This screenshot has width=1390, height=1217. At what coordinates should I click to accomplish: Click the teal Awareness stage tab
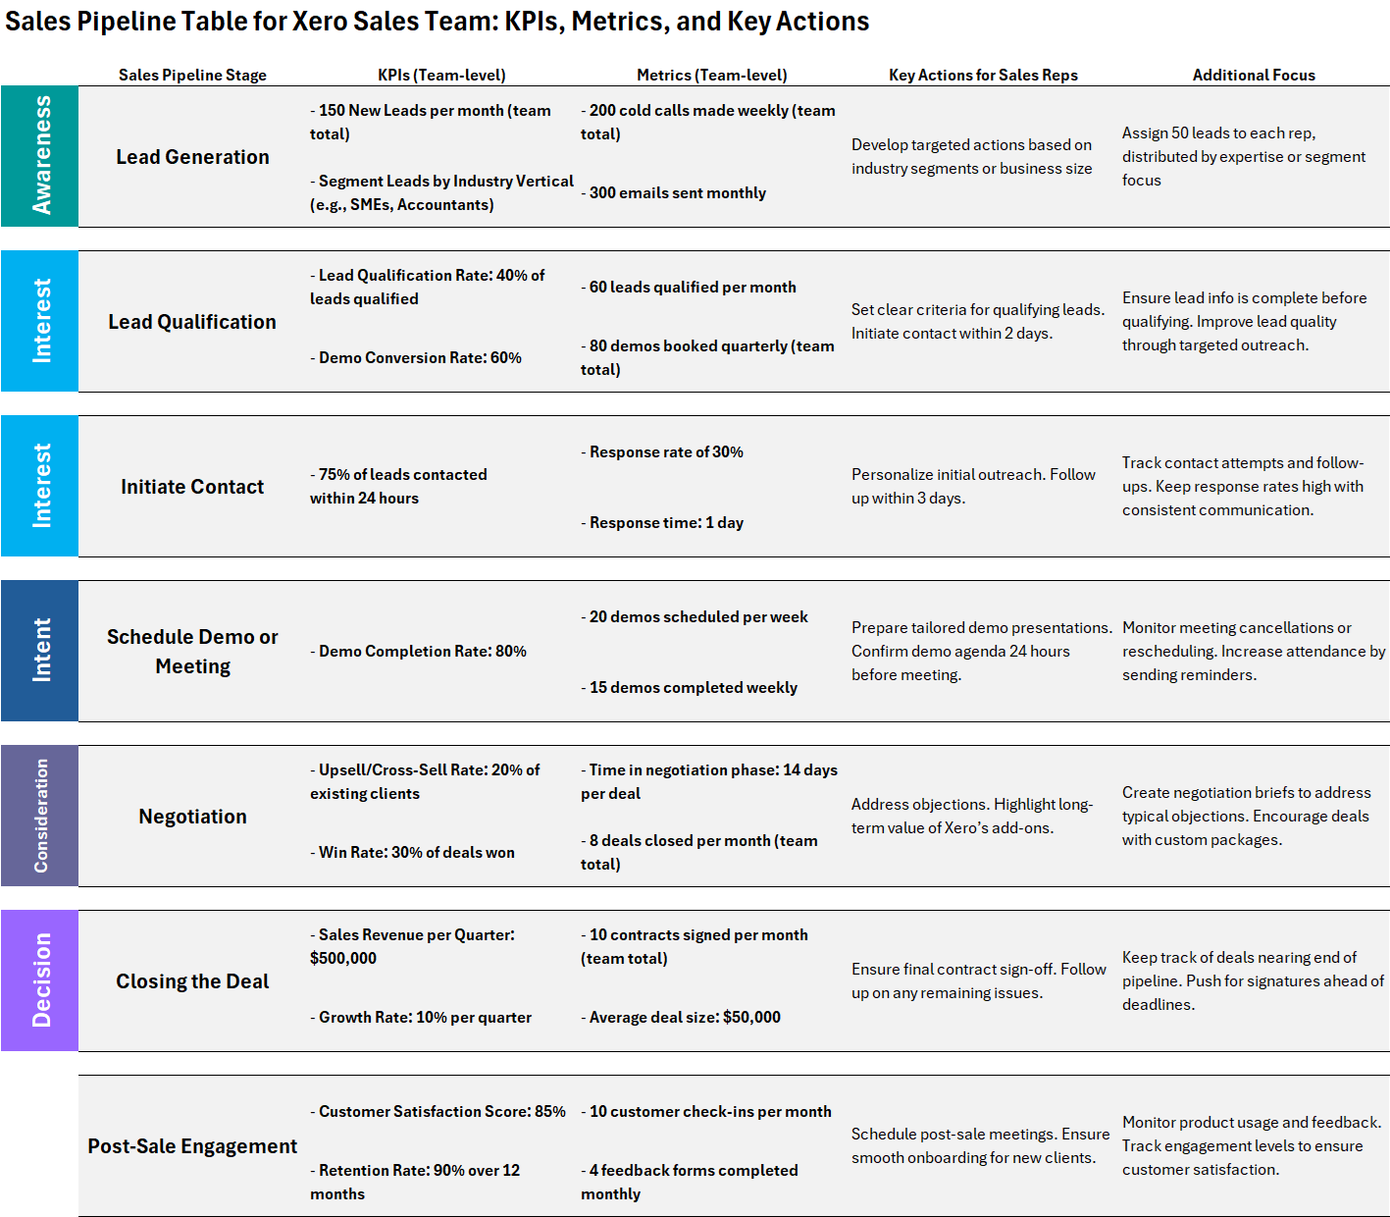(x=40, y=156)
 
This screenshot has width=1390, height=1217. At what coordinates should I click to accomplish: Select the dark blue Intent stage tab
(x=40, y=651)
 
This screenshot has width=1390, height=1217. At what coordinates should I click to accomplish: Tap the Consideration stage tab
(x=40, y=816)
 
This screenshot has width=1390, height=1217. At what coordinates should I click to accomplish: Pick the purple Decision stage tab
(x=40, y=980)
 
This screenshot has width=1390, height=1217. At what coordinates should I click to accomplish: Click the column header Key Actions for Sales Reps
(x=983, y=76)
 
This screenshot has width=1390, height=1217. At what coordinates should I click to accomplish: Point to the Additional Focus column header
(x=1254, y=76)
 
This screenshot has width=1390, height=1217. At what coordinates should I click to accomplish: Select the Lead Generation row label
(x=192, y=157)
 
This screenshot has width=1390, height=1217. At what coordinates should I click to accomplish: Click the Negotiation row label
(x=192, y=817)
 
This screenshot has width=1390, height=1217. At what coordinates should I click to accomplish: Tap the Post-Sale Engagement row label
(x=192, y=1146)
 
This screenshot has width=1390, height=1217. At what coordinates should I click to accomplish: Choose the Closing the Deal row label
(x=192, y=981)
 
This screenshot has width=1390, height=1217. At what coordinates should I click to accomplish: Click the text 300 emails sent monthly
(x=677, y=193)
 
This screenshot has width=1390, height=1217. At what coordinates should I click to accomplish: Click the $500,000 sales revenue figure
(x=343, y=959)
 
